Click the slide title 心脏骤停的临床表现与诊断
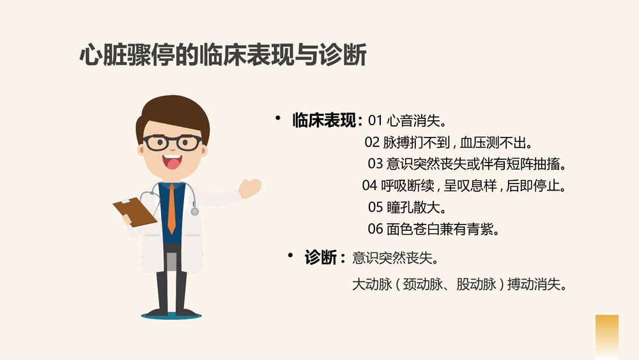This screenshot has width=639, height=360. pos(222,56)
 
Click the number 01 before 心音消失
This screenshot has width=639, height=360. pos(375,120)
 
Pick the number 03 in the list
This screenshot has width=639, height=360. pos(375,164)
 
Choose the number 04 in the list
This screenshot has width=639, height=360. pos(369,186)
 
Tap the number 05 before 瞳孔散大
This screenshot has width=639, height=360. pos(375,207)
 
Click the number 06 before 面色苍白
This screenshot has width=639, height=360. pos(375,229)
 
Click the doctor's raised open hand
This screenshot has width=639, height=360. pos(250,187)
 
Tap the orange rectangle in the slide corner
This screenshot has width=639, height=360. pos(606,336)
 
